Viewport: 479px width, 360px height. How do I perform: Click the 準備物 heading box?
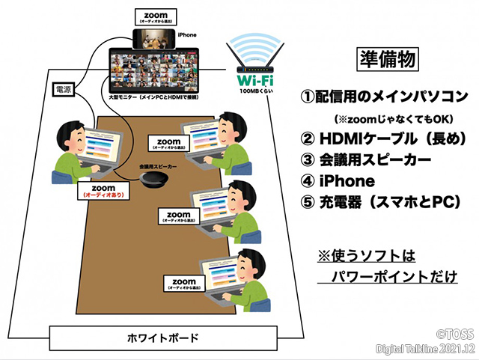tap(385, 58)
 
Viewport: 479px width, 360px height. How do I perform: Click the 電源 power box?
tap(64, 90)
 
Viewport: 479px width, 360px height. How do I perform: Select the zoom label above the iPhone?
tap(156, 17)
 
